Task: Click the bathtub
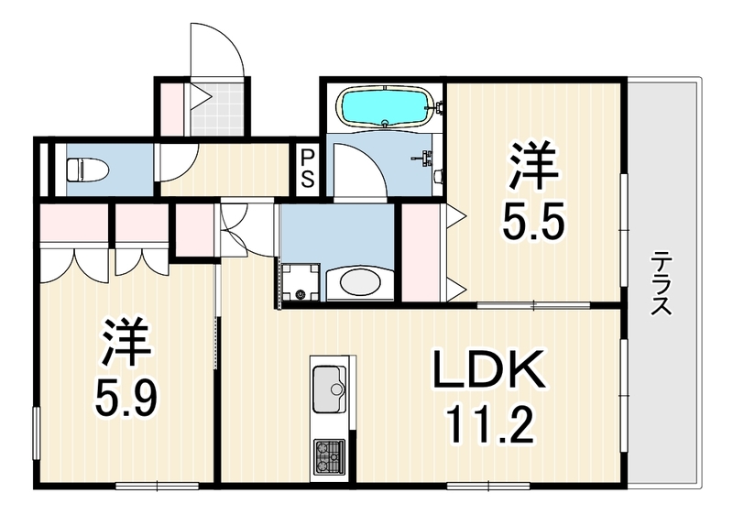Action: coord(385,106)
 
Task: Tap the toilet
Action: coord(88,170)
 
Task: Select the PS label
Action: coord(307,168)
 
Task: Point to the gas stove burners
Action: coord(329,455)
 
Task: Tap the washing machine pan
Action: coord(300,282)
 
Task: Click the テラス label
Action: coord(662,283)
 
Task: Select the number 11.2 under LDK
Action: coord(490,425)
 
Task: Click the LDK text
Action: coord(489,369)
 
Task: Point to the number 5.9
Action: coord(126,399)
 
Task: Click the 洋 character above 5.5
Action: coord(535,167)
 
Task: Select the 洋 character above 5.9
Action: coord(126,342)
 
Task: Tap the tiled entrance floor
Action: coord(217,108)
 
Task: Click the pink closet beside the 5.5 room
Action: coord(421,252)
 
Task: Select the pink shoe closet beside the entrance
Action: coord(171,108)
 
